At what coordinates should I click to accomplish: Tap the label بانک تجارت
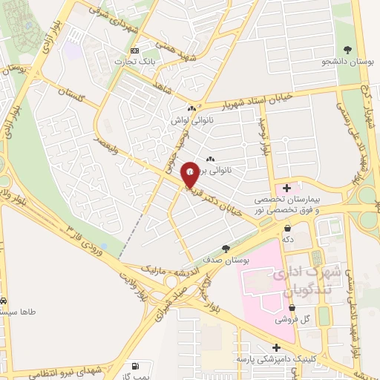pyautogui.click(x=133, y=62)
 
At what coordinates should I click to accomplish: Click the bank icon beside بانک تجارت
pyautogui.click(x=134, y=50)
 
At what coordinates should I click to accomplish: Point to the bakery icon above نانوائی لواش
pyautogui.click(x=191, y=108)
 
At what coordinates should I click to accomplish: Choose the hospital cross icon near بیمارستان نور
pyautogui.click(x=287, y=188)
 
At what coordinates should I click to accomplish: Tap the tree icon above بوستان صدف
pyautogui.click(x=226, y=249)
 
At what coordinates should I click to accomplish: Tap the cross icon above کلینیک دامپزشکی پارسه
pyautogui.click(x=277, y=347)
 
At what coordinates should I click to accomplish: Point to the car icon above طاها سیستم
pyautogui.click(x=3, y=301)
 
